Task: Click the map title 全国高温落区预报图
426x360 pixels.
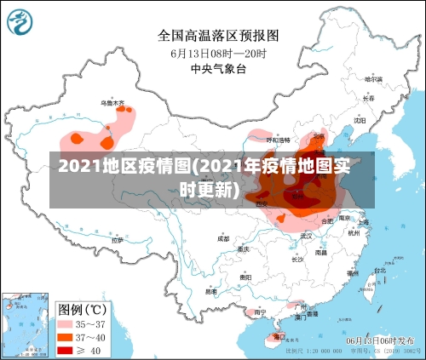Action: (x=218, y=36)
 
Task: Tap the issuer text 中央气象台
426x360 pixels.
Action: (x=218, y=68)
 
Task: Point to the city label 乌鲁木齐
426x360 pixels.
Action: (x=112, y=103)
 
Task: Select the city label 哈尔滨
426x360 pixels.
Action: (x=372, y=79)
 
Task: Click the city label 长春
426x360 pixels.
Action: (x=367, y=98)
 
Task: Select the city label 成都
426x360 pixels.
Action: (x=223, y=239)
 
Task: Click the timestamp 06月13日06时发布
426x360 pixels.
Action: (x=381, y=340)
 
